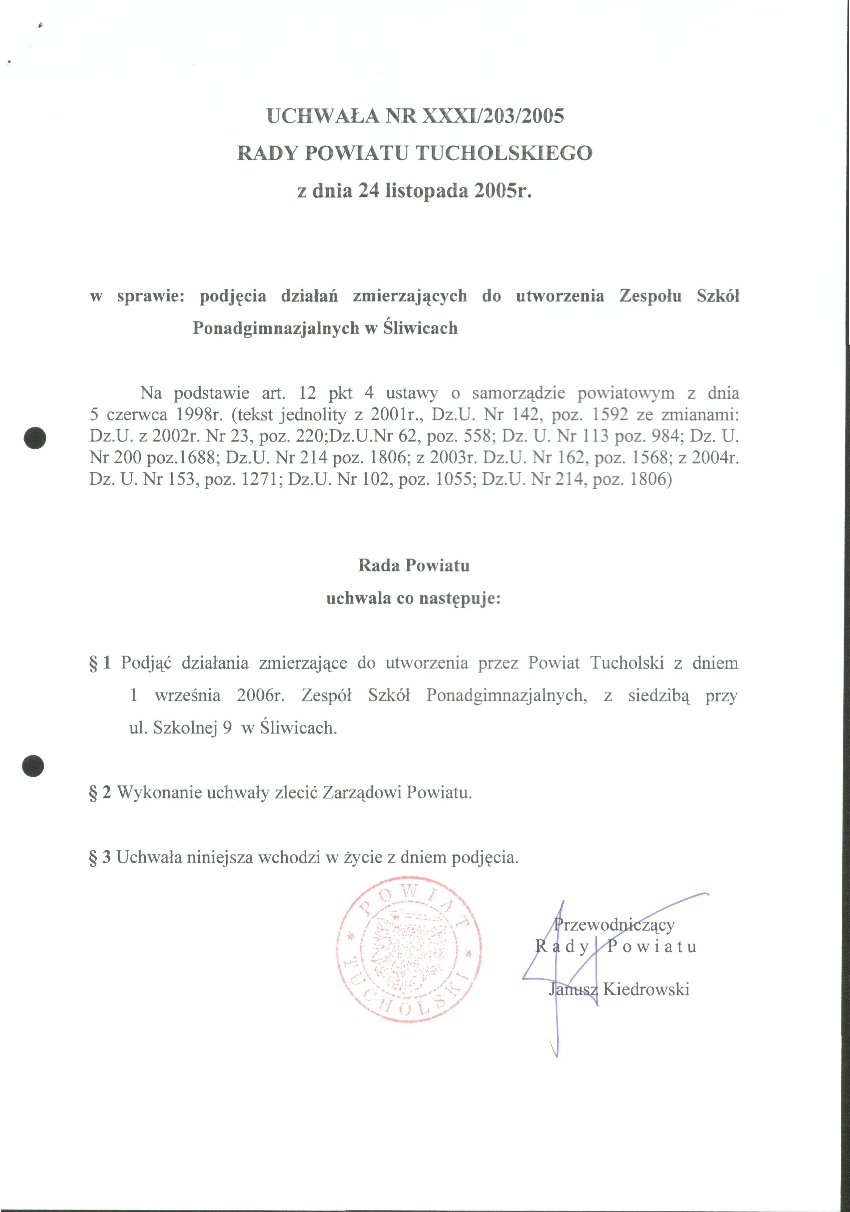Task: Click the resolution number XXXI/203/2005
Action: [x=491, y=116]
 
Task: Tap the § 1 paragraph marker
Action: [x=100, y=663]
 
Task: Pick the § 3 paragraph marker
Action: [x=100, y=857]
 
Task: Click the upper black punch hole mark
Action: [x=35, y=438]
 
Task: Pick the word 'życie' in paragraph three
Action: [x=363, y=857]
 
